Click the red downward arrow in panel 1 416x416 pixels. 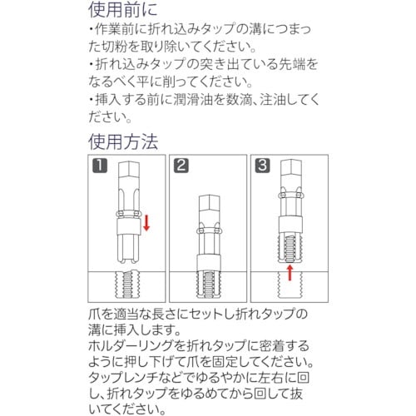click(146, 223)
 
